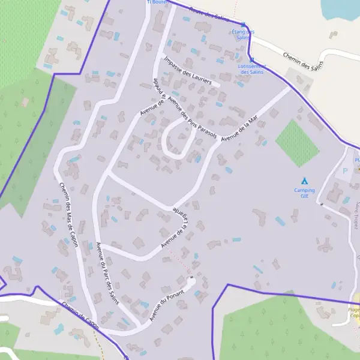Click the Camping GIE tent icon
(x=304, y=180)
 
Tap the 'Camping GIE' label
(x=304, y=193)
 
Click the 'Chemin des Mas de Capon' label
(x=71, y=214)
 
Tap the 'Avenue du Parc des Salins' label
(x=107, y=272)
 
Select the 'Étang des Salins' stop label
(x=242, y=34)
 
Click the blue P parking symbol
(x=345, y=171)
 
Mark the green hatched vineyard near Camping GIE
(x=296, y=143)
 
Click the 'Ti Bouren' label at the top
(x=157, y=2)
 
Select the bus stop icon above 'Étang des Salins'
(x=242, y=25)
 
